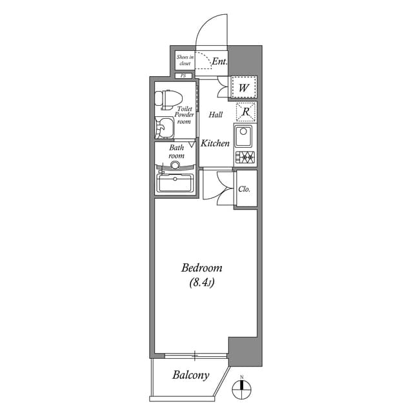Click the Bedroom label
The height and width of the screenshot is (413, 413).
(201, 268)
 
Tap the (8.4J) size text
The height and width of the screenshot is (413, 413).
(202, 283)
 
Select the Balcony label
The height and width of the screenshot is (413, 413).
(190, 375)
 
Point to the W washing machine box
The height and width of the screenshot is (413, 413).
(245, 87)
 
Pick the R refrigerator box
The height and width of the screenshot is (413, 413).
(245, 112)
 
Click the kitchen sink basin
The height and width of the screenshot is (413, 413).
(245, 137)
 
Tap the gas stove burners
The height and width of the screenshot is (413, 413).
(245, 157)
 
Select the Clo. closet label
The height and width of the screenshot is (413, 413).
(245, 189)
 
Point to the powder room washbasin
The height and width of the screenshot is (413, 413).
(165, 128)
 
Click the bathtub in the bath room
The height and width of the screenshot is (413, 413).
(176, 183)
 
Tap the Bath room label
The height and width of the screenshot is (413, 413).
(176, 152)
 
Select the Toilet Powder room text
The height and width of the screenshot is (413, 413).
(184, 116)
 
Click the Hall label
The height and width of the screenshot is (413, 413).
(216, 115)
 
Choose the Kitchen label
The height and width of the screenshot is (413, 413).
(215, 143)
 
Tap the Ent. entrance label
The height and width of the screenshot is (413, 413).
(219, 62)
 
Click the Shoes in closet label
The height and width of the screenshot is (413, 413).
(185, 60)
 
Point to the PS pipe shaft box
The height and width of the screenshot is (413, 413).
(183, 76)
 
